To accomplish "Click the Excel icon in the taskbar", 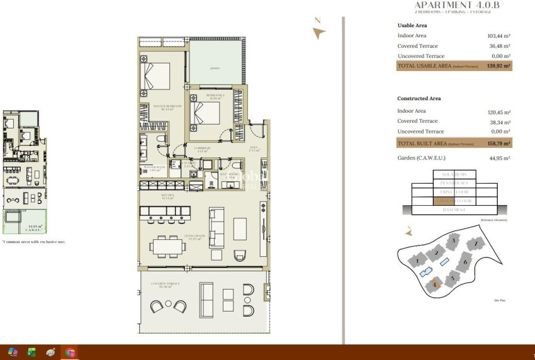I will click(31, 352).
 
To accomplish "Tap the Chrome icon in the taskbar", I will click(70, 352).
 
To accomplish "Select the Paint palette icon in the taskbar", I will click(50, 352).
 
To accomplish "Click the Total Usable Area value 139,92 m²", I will click(498, 65).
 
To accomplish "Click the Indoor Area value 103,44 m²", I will click(498, 36).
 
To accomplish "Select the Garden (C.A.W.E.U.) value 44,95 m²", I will click(498, 159).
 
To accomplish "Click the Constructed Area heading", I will click(419, 99).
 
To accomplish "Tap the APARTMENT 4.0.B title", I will click(466, 5).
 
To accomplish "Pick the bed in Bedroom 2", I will click(206, 115).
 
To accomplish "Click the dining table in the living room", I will click(169, 246).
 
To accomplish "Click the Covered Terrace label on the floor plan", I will click(165, 284).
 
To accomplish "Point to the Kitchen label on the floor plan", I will click(166, 196).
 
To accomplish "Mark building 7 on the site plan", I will click(476, 243).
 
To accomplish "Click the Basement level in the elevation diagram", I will click(453, 210).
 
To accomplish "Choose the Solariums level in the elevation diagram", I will click(453, 174).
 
